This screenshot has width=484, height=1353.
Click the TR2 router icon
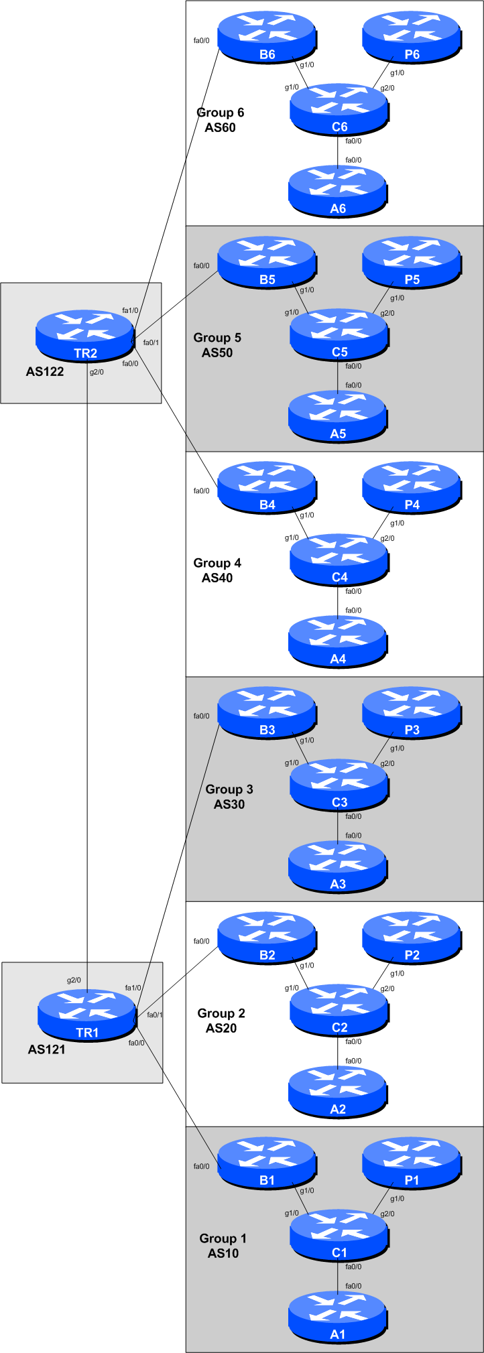[x=85, y=336]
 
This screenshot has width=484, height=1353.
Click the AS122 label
[x=45, y=371]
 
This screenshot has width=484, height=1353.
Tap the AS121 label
[x=46, y=1049]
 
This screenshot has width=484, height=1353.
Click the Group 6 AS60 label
[x=220, y=120]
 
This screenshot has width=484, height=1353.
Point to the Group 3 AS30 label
[x=229, y=797]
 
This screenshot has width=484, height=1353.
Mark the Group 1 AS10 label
[x=223, y=1246]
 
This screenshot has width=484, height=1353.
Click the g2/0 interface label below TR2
[x=97, y=372]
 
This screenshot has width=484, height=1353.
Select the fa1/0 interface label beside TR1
[x=133, y=988]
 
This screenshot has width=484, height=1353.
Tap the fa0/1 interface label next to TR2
[x=151, y=342]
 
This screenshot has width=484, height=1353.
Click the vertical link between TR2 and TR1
[x=87, y=670]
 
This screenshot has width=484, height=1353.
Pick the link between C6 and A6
[x=338, y=150]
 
